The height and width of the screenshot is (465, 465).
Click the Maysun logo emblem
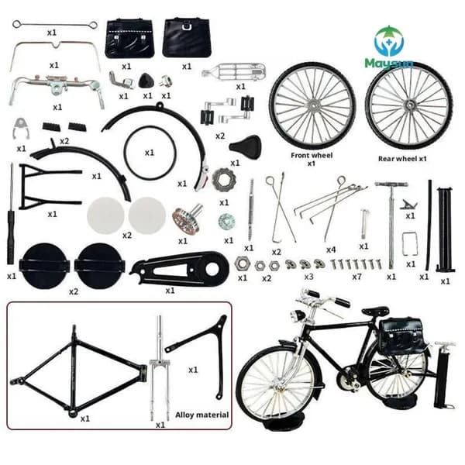click(x=389, y=41)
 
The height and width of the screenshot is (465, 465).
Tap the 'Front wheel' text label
click(x=312, y=155)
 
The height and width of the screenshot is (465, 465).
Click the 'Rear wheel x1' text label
click(x=402, y=159)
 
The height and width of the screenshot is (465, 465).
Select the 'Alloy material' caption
click(x=202, y=415)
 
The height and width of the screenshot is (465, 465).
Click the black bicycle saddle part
click(x=245, y=146)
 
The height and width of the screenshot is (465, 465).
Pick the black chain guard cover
click(x=180, y=269)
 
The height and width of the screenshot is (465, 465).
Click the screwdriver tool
click(x=11, y=214)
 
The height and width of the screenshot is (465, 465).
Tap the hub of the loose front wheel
click(x=312, y=105)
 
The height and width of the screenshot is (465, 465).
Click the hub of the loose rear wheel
click(x=409, y=105)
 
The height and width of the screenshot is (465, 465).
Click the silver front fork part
click(x=160, y=367)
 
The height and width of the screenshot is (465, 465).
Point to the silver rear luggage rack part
click(x=234, y=71)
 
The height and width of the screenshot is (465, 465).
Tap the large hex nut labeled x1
click(x=240, y=263)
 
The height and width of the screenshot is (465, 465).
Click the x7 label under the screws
click(x=356, y=277)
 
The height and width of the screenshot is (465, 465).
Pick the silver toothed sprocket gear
click(x=224, y=180)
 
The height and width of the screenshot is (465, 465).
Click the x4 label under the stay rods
click(x=331, y=250)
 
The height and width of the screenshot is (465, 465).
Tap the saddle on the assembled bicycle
click(x=375, y=311)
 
